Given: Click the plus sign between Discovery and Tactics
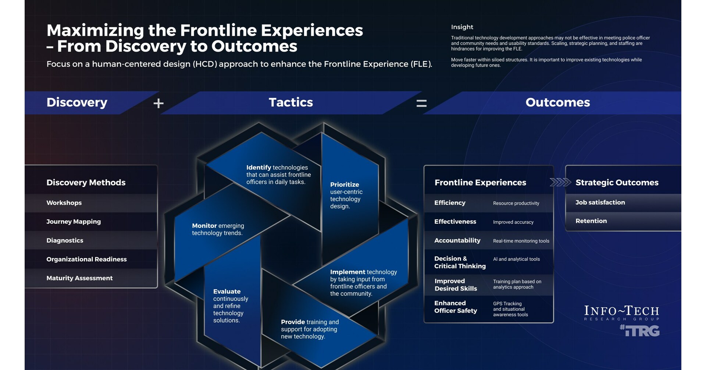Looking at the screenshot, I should pyautogui.click(x=158, y=103).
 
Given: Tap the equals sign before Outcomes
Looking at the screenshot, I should pyautogui.click(x=421, y=103).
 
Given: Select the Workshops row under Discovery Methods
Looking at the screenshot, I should pyautogui.click(x=64, y=203).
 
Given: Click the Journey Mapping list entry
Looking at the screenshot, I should pyautogui.click(x=74, y=222).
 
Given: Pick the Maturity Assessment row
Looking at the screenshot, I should pyautogui.click(x=79, y=278).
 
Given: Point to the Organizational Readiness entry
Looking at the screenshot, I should pyautogui.click(x=86, y=259).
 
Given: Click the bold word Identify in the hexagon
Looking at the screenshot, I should pyautogui.click(x=258, y=168).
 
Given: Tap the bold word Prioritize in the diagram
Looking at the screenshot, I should pyautogui.click(x=345, y=184).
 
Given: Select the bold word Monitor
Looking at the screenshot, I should pyautogui.click(x=204, y=226).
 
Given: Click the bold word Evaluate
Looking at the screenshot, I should pyautogui.click(x=227, y=292).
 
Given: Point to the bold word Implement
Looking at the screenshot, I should pyautogui.click(x=347, y=272).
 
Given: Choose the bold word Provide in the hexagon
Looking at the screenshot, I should pyautogui.click(x=293, y=322).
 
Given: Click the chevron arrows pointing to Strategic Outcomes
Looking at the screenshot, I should pyautogui.click(x=560, y=182).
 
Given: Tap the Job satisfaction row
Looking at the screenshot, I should pyautogui.click(x=600, y=202).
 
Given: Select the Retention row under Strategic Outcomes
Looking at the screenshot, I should pyautogui.click(x=591, y=221).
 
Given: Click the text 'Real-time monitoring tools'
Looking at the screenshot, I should pyautogui.click(x=521, y=241).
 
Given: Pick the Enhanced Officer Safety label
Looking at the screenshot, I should pyautogui.click(x=456, y=307).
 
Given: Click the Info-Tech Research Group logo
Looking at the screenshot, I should pyautogui.click(x=621, y=313).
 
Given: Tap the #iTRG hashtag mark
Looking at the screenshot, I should pyautogui.click(x=639, y=331).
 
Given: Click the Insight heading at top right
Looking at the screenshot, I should pyautogui.click(x=462, y=27).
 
